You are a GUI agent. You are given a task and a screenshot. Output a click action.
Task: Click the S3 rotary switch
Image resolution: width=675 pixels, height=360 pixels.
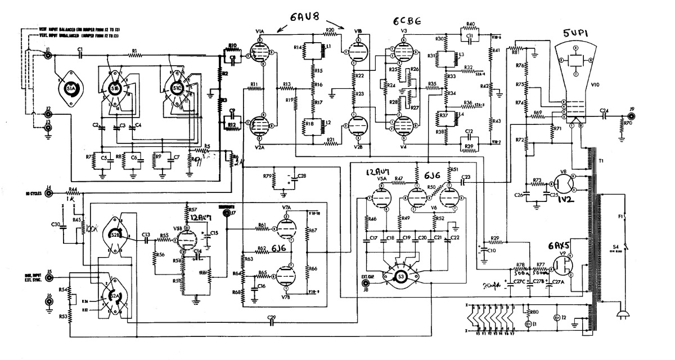click(x=400, y=276)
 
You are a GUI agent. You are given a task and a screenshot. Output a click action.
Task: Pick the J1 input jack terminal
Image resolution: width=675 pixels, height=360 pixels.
click(x=48, y=56)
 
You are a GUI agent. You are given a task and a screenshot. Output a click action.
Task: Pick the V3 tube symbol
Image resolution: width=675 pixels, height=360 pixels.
click(x=403, y=53)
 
